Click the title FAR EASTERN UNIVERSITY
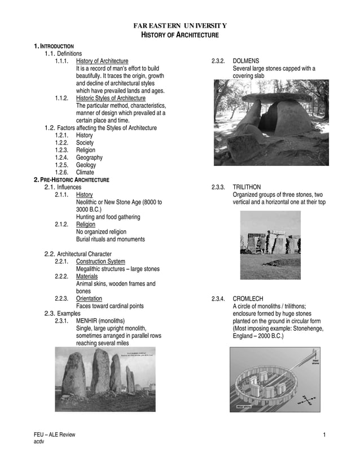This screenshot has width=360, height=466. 179,26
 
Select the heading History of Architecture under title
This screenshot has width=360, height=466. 179,36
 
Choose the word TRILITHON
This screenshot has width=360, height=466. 248,187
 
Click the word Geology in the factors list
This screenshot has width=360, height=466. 86,165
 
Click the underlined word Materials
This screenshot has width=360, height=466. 87,276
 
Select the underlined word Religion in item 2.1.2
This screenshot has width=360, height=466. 86,225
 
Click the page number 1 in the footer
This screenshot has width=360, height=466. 324,434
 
